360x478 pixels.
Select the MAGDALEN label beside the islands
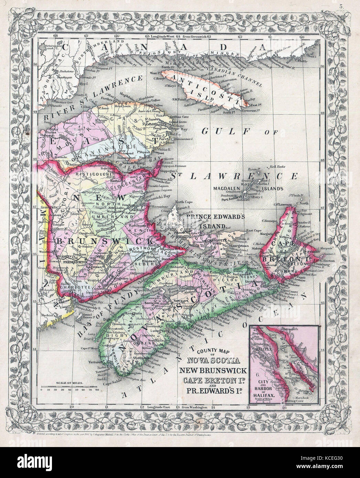pyautogui.click(x=228, y=188)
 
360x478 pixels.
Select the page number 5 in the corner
pyautogui.click(x=340, y=6)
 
